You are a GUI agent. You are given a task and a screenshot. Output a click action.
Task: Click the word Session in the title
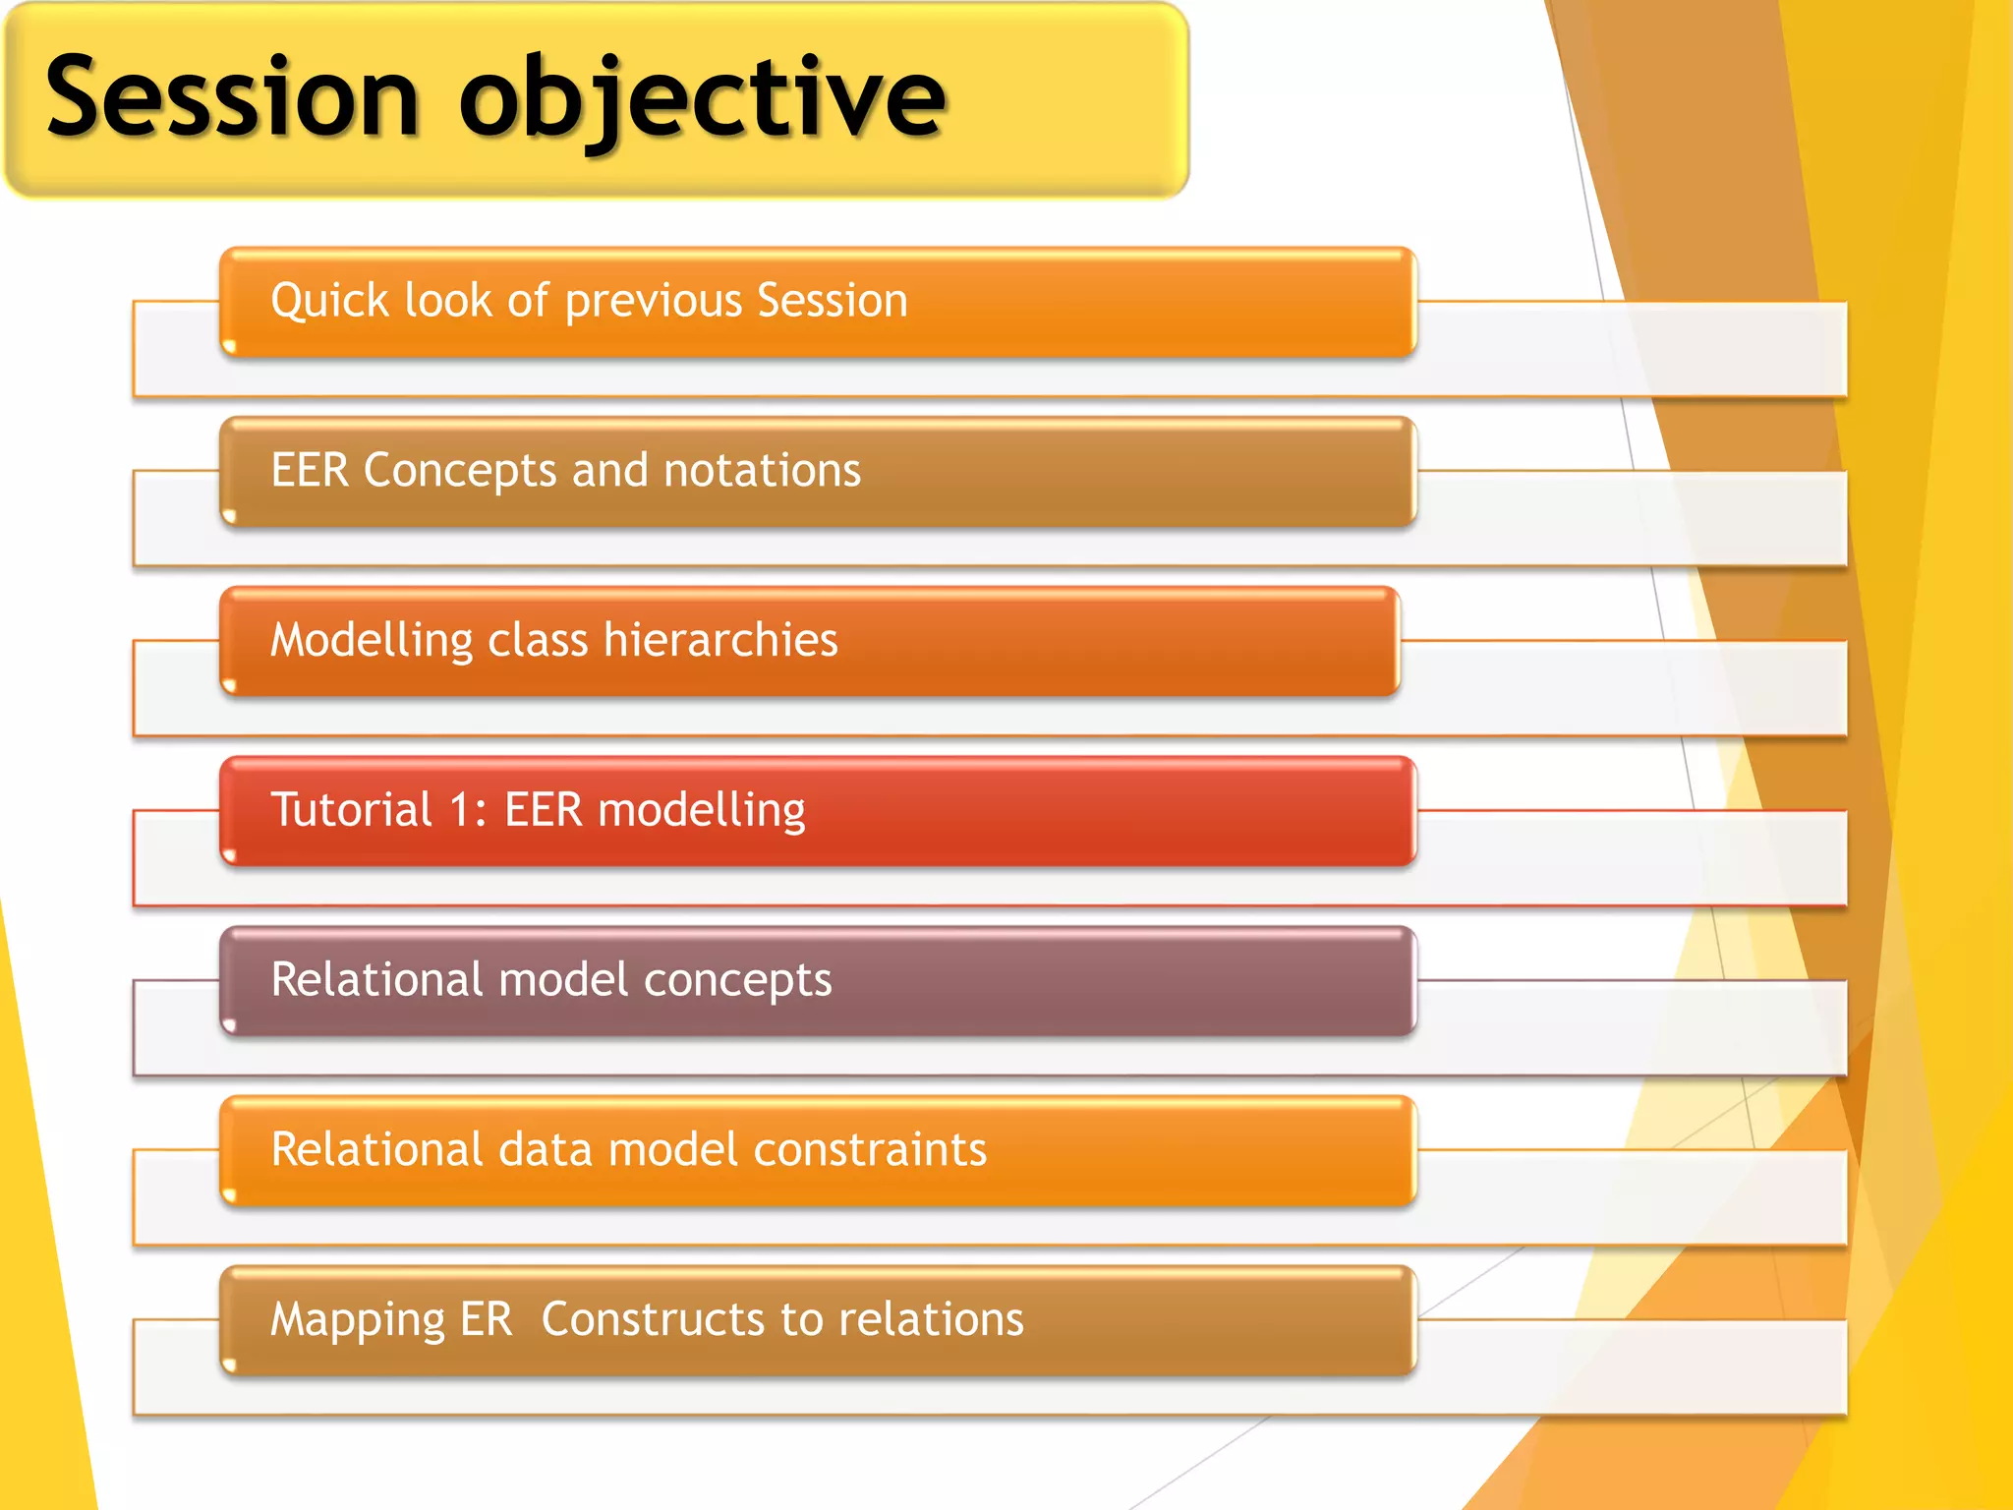(233, 98)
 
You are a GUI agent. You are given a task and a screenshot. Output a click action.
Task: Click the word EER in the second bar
(310, 470)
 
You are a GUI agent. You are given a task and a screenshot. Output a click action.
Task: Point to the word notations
(762, 470)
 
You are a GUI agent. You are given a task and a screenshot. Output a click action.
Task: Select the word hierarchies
(720, 640)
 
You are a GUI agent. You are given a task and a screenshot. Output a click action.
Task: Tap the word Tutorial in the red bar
(351, 810)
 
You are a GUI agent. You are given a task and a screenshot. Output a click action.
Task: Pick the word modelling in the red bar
(701, 811)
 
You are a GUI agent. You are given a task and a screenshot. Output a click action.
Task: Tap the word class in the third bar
(538, 640)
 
